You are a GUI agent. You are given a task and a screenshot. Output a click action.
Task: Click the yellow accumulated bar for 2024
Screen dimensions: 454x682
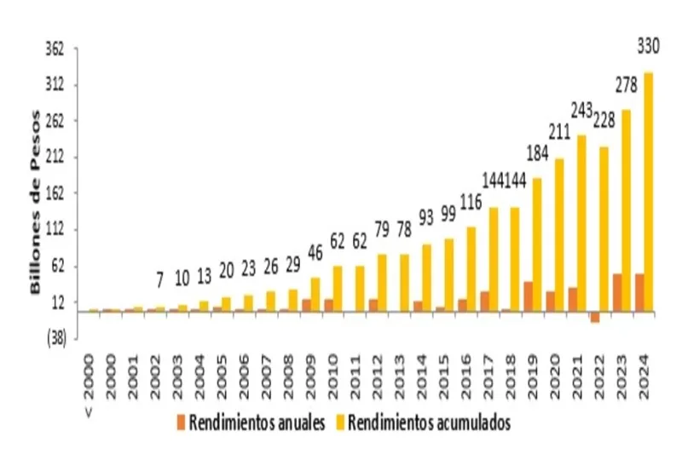click(648, 192)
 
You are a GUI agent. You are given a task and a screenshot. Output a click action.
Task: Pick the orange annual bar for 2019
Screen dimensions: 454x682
click(529, 296)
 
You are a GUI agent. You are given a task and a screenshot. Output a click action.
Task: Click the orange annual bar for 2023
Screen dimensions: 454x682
click(617, 292)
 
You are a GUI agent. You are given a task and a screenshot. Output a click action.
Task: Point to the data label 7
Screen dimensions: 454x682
click(159, 279)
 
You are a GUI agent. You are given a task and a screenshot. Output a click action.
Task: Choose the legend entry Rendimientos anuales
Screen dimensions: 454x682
click(251, 423)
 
